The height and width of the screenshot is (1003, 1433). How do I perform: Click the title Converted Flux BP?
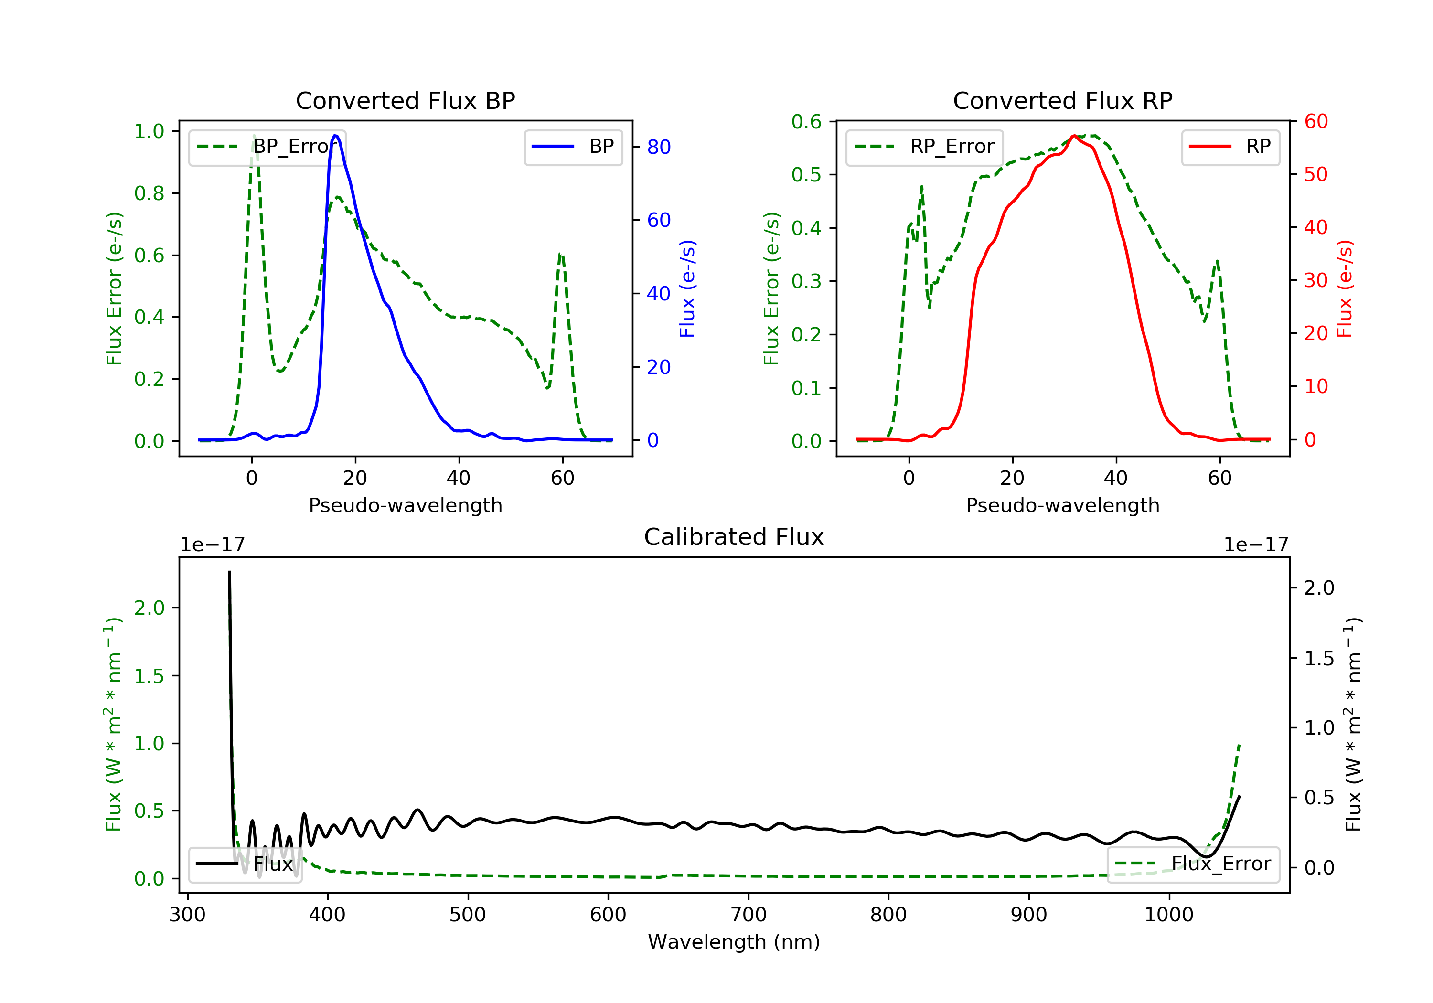405,100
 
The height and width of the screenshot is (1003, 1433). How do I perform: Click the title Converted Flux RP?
1062,100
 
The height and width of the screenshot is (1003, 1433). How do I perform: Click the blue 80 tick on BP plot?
658,147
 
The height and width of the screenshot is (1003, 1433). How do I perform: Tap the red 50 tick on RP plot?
1315,174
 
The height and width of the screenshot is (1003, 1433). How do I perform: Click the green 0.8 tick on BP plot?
149,193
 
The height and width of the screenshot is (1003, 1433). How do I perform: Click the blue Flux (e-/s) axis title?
687,288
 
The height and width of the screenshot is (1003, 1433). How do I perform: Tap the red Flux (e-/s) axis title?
1344,288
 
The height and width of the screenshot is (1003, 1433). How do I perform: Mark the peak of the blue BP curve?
336,136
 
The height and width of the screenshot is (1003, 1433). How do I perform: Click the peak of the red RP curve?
1073,136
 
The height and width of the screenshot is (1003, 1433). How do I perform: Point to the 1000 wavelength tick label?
1168,915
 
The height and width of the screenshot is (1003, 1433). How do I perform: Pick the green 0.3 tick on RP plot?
806,281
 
